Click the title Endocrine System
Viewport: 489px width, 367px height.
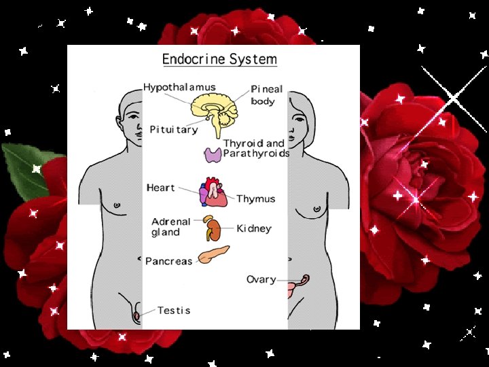[219, 59]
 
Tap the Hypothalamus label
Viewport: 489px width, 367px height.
[179, 88]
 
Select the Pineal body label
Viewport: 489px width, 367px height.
[266, 95]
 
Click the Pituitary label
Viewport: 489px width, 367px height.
[173, 129]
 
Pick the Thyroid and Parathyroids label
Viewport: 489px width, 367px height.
[256, 148]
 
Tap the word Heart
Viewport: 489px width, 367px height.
[160, 188]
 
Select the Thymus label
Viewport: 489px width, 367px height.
[255, 199]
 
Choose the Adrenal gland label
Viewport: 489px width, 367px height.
[170, 227]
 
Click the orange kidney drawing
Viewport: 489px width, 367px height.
[213, 230]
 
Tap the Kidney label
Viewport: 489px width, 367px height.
[253, 229]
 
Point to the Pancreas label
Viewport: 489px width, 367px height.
[169, 262]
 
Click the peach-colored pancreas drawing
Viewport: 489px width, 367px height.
[214, 255]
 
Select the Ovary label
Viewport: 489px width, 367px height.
[261, 279]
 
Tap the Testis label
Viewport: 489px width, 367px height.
[174, 311]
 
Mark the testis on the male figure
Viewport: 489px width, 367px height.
[137, 315]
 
